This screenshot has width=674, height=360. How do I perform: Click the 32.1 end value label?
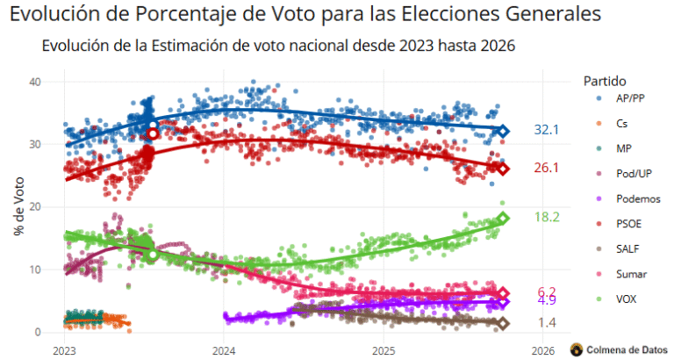pyautogui.click(x=547, y=130)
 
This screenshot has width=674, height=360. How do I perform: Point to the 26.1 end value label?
pyautogui.click(x=547, y=168)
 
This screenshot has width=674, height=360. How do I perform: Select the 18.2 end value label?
pyautogui.click(x=547, y=217)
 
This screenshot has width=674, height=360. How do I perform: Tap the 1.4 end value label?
pyautogui.click(x=547, y=323)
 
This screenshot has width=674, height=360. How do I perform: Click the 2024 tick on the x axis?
pyautogui.click(x=223, y=349)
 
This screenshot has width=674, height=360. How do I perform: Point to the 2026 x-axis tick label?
pyautogui.click(x=542, y=349)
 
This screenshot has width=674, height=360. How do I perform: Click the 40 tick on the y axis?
pyautogui.click(x=35, y=82)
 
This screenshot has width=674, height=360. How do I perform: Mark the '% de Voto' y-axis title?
pyautogui.click(x=18, y=206)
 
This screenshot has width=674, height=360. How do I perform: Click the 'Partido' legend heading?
pyautogui.click(x=606, y=81)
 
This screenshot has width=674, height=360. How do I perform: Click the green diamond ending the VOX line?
pyautogui.click(x=503, y=218)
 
